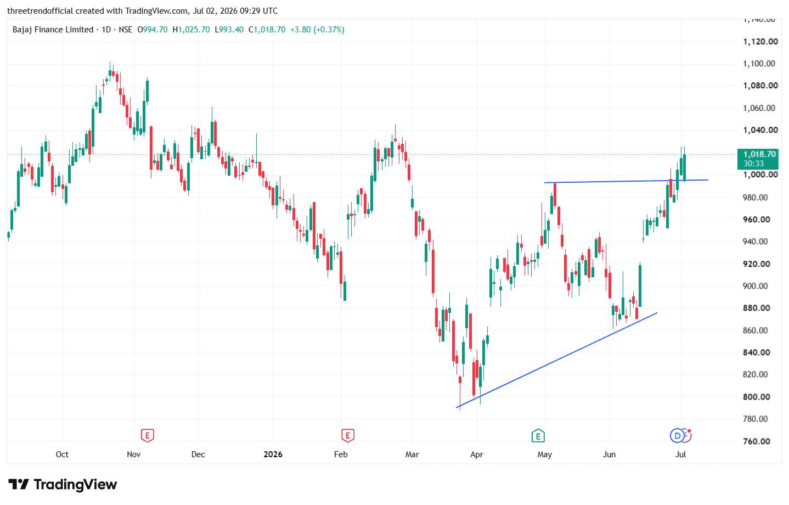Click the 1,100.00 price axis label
click(759, 64)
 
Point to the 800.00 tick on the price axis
click(756, 397)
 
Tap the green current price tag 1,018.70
click(758, 159)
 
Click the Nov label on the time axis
click(133, 454)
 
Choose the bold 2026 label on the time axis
click(273, 454)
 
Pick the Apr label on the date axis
click(477, 454)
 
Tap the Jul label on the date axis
click(680, 454)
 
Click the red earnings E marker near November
click(147, 436)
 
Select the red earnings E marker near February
click(348, 436)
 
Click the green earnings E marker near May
click(538, 436)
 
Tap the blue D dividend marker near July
click(677, 436)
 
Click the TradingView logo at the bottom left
click(63, 485)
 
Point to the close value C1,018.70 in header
click(267, 30)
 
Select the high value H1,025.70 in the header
click(191, 30)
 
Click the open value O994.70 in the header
click(152, 30)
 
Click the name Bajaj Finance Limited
click(53, 30)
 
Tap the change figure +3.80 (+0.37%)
click(317, 30)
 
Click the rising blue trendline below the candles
click(556, 360)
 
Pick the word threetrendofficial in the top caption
click(40, 11)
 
